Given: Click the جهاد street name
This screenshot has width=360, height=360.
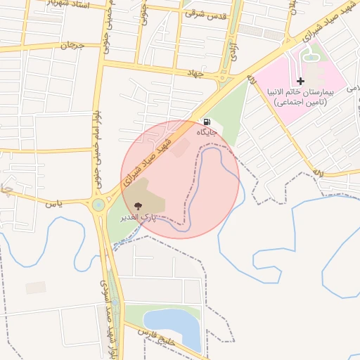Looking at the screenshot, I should click(195, 72).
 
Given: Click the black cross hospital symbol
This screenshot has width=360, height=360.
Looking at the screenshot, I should click(301, 82).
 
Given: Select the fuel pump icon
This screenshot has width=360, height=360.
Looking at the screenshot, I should click(205, 121).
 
